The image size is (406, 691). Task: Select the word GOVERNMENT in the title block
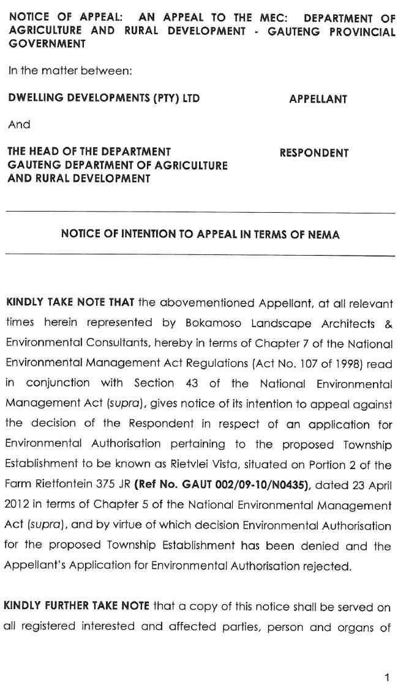[47, 44]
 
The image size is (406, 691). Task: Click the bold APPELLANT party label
[318, 99]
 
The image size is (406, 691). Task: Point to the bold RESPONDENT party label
[314, 153]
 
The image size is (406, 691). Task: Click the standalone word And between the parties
[19, 125]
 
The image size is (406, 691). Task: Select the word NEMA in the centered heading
[325, 234]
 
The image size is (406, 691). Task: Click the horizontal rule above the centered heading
[200, 213]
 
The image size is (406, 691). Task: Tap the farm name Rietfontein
[59, 485]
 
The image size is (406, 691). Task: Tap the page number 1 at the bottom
[386, 676]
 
